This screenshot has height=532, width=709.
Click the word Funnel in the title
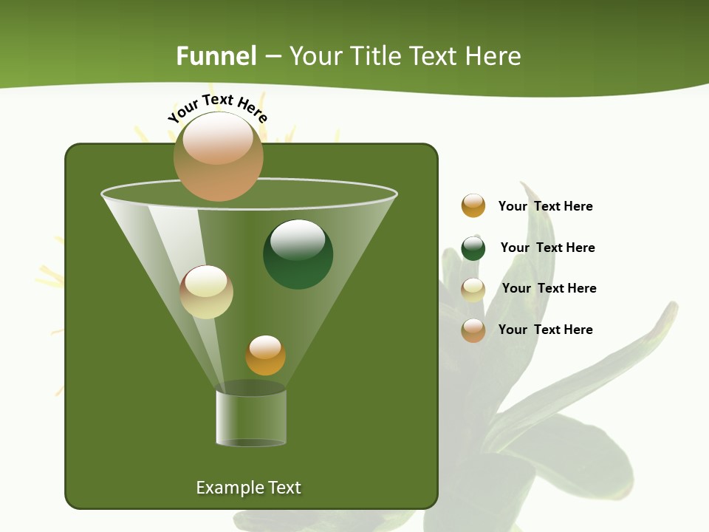(x=216, y=56)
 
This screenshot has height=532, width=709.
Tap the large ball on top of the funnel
(x=218, y=156)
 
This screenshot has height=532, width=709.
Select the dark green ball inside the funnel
(x=298, y=254)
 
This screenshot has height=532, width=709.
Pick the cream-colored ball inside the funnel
(x=207, y=292)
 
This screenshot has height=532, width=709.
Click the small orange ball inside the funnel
(x=265, y=355)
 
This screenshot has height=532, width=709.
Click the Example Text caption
(x=248, y=488)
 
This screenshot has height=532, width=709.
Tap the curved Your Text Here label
(x=218, y=108)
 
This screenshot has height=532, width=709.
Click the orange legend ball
(x=473, y=205)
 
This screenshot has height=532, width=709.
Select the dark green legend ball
(x=473, y=248)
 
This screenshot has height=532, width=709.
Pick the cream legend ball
(x=473, y=290)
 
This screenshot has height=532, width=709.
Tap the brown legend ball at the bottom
(x=473, y=330)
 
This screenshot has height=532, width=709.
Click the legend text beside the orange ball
(x=545, y=206)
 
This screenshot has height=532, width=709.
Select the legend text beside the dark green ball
(x=547, y=248)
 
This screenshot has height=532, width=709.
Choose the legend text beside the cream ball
(x=549, y=288)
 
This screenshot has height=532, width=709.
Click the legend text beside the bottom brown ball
(x=545, y=330)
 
